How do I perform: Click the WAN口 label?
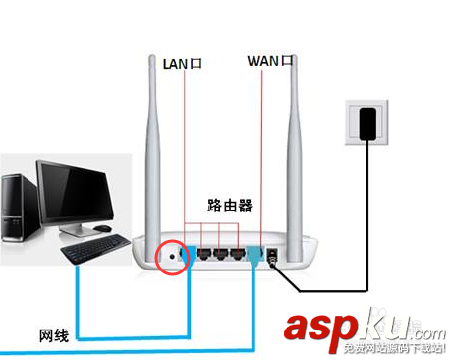coord(270,61)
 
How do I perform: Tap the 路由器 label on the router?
coord(231,206)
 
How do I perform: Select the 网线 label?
coord(54,335)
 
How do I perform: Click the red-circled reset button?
coord(173,256)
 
